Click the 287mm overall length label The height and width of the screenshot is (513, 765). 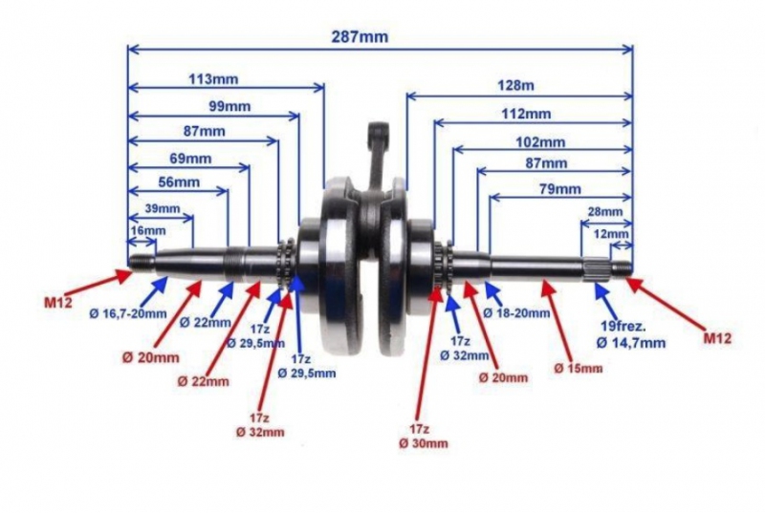[x=360, y=36]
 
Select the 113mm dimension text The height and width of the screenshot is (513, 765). [x=213, y=79]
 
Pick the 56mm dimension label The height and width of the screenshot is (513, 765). [x=179, y=182]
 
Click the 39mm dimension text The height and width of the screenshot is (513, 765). [x=163, y=208]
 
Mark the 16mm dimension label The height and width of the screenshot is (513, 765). [x=148, y=230]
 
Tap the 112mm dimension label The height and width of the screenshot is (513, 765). [x=526, y=114]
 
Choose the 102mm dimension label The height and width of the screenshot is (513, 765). [x=540, y=142]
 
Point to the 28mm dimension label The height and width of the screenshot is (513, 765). [x=605, y=211]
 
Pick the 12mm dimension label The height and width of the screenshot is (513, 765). [x=611, y=234]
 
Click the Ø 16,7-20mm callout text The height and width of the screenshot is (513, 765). [x=128, y=313]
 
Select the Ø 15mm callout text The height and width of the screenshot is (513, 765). [x=579, y=368]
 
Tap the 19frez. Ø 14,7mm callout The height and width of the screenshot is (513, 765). [x=630, y=334]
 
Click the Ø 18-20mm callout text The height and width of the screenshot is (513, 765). [x=516, y=312]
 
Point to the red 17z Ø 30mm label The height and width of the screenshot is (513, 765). [x=424, y=437]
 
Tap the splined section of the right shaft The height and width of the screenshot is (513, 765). [x=595, y=269]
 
